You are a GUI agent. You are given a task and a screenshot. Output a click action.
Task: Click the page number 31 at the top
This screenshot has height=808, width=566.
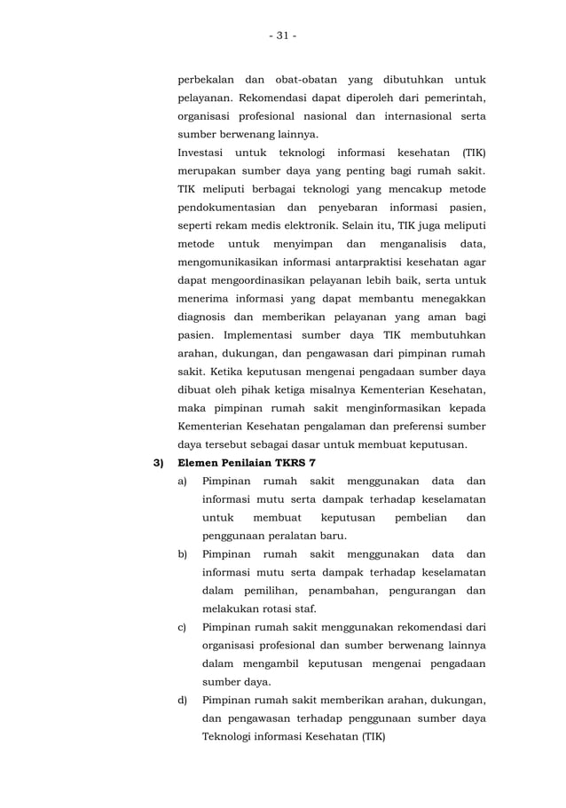pos(282,35)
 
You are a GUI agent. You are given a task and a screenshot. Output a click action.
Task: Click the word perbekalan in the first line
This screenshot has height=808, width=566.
pos(208,78)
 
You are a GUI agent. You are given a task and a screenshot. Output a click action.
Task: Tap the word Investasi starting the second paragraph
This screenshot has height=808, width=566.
pos(205,154)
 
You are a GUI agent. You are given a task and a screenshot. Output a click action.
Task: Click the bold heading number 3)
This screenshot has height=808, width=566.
pos(160,462)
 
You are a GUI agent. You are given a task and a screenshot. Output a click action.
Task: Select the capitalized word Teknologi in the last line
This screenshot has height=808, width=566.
pos(232,738)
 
